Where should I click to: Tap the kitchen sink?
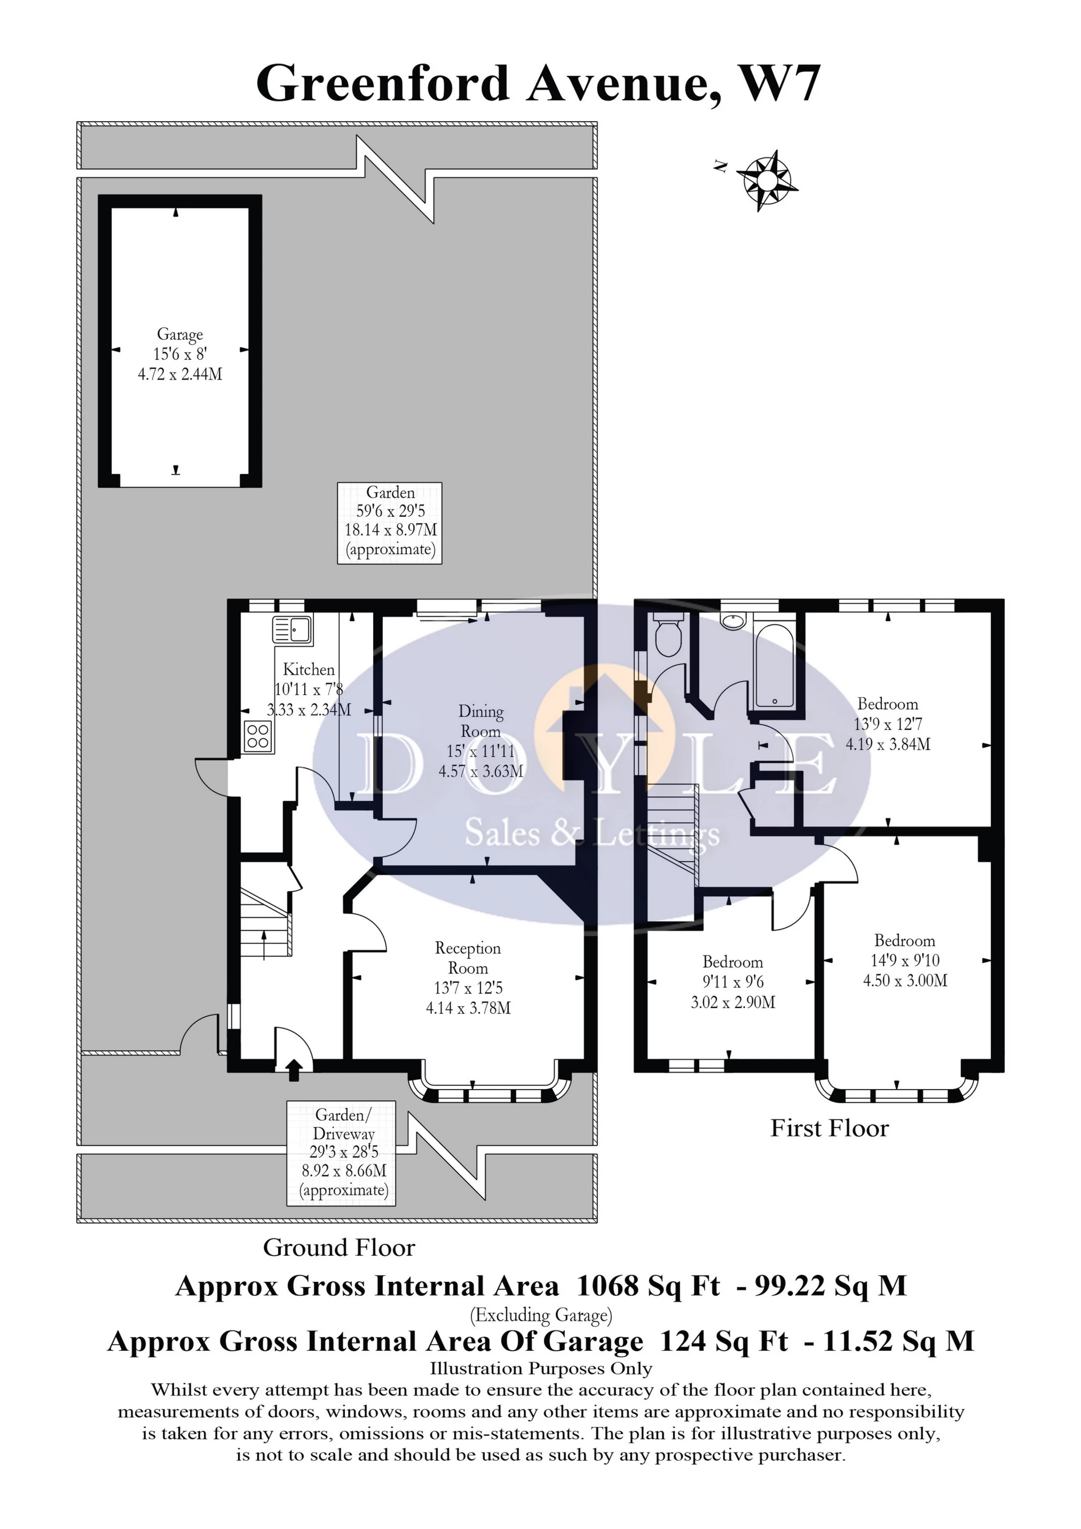(x=293, y=629)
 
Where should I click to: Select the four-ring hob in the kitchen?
(x=258, y=737)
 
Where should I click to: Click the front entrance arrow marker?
(x=293, y=1070)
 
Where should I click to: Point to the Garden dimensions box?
(x=390, y=523)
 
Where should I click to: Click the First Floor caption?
(x=829, y=1128)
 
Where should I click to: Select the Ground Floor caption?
(x=339, y=1247)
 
